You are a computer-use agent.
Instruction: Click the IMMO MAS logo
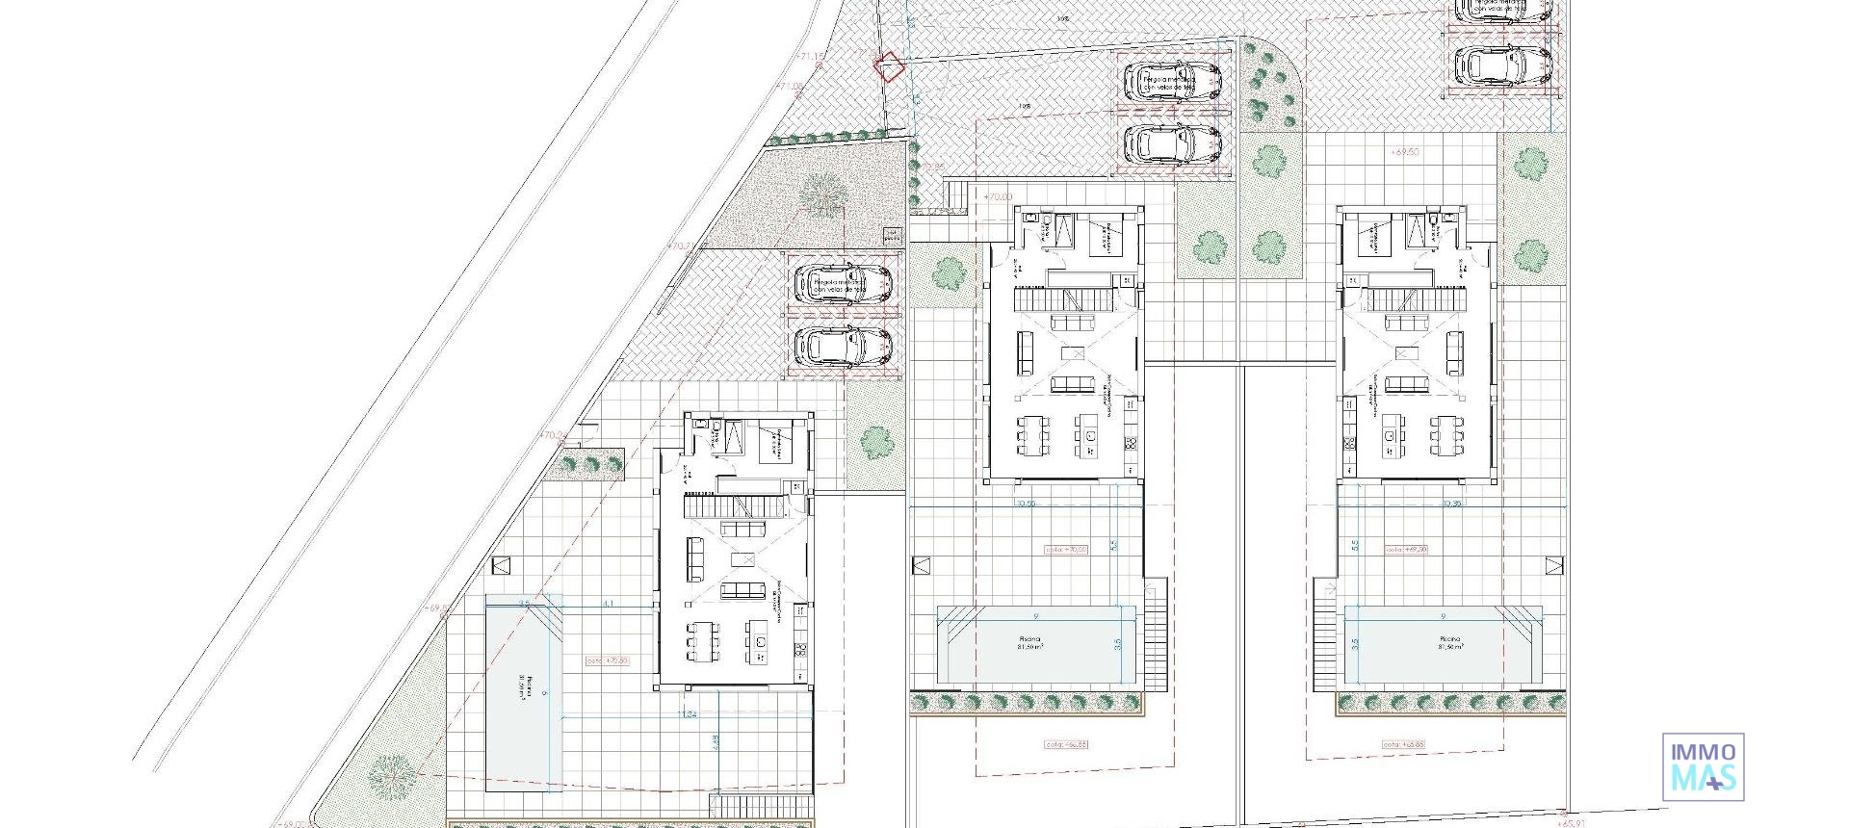1703,766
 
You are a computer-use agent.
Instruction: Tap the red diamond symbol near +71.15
888,66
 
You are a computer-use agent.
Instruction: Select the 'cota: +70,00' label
1066,550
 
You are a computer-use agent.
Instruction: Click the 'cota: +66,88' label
1065,744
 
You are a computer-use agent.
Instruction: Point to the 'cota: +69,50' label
1406,550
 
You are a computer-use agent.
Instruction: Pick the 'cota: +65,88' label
1403,744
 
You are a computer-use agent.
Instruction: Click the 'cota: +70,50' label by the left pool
607,661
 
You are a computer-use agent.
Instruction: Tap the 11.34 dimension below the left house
688,713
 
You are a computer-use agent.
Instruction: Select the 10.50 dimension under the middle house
1026,504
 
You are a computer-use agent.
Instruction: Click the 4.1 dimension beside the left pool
608,604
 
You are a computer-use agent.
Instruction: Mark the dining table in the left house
702,640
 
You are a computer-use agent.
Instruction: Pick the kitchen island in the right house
1389,436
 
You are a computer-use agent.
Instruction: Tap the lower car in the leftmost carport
844,347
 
